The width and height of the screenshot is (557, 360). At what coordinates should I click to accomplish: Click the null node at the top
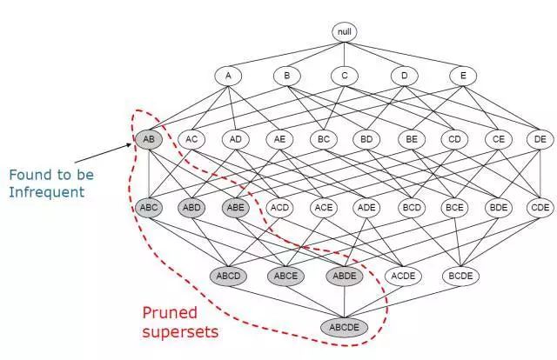tap(345, 32)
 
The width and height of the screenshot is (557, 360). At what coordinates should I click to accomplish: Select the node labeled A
tap(228, 76)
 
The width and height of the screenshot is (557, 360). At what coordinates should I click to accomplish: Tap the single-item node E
tap(463, 76)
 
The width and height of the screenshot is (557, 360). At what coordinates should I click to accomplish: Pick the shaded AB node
tap(148, 138)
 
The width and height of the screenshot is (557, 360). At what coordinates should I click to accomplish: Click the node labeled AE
tap(279, 138)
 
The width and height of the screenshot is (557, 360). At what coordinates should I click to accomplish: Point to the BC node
tap(323, 138)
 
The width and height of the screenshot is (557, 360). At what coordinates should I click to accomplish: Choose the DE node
tap(540, 138)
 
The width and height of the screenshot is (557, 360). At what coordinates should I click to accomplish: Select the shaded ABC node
tap(148, 208)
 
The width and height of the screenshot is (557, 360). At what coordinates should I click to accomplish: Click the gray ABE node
tap(235, 208)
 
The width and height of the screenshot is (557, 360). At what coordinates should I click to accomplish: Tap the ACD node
tap(279, 208)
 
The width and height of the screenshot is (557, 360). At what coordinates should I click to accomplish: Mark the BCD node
tap(410, 208)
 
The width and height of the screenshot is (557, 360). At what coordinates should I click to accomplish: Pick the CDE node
tap(540, 208)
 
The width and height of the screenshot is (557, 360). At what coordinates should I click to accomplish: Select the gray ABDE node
tap(345, 276)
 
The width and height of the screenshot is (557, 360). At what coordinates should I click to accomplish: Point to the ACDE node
tap(403, 276)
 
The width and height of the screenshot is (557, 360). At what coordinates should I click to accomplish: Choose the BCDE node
tap(462, 276)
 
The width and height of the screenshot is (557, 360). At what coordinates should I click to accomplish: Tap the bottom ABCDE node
tap(345, 328)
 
